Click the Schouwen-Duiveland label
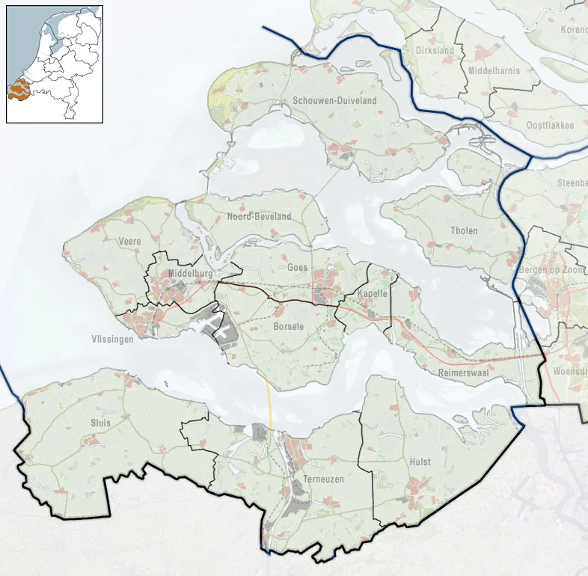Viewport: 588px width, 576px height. [x=334, y=101]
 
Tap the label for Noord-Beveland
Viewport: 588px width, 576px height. [x=259, y=217]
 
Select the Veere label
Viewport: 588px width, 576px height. [x=129, y=242]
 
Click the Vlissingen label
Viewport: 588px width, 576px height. [x=114, y=339]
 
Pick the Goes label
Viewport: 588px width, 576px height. [x=297, y=267]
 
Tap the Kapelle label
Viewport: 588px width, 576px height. [x=373, y=294]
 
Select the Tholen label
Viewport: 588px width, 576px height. [x=464, y=231]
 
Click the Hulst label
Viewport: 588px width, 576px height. [x=420, y=462]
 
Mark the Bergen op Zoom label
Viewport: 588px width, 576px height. [x=552, y=269]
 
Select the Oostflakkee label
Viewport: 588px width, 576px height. [x=550, y=125]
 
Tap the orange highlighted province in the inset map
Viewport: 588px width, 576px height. [x=19, y=91]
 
